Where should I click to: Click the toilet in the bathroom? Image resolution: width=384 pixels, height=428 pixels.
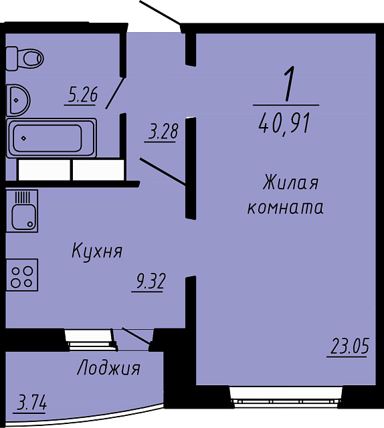click(x=25, y=58)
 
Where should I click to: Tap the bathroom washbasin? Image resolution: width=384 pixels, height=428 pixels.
click(x=19, y=100)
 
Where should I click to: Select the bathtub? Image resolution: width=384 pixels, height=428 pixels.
click(x=52, y=138)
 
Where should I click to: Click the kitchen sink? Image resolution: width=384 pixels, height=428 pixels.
click(x=22, y=211)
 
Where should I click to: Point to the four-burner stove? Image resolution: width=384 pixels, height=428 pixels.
click(x=22, y=275)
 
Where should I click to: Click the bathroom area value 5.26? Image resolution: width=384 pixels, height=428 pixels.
click(x=82, y=95)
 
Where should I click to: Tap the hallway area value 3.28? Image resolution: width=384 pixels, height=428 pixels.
click(x=163, y=132)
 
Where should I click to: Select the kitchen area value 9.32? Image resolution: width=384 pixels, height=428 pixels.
click(x=151, y=282)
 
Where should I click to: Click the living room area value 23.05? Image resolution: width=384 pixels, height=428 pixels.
click(x=350, y=346)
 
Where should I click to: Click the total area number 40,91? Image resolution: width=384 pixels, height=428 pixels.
click(x=284, y=124)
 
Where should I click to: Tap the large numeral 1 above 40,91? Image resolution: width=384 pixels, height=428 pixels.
click(x=289, y=84)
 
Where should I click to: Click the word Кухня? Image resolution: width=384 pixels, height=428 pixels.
click(x=97, y=251)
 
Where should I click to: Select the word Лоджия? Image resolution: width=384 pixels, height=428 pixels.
click(x=108, y=368)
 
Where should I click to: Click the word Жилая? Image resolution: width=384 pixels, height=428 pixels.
click(x=290, y=183)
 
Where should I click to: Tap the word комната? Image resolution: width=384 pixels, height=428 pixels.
click(x=286, y=207)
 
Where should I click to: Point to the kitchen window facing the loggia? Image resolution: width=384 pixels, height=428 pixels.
click(x=90, y=339)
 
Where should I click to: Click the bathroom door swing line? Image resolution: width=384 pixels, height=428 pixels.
click(x=116, y=93)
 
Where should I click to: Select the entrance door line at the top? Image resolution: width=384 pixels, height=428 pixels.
click(x=160, y=13)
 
